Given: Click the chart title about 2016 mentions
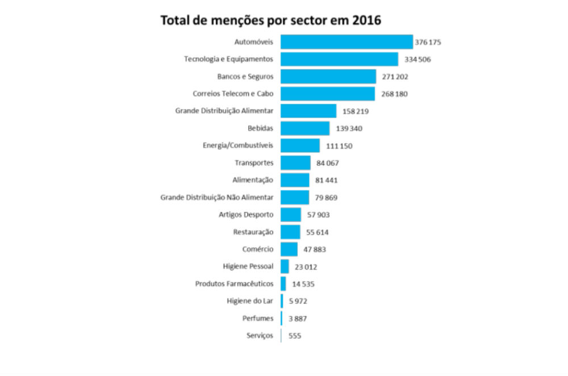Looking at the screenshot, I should [x=270, y=20].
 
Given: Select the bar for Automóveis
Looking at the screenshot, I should [x=346, y=42].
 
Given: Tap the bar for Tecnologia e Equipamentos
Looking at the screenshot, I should [x=339, y=59].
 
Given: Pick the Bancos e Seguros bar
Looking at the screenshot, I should [x=328, y=77].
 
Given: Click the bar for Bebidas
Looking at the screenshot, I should [x=305, y=128].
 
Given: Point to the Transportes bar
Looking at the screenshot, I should [x=295, y=163].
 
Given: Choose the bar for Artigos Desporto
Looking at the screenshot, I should [x=291, y=215].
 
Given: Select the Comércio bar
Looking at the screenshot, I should [x=289, y=249].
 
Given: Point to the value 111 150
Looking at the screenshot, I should [x=339, y=146].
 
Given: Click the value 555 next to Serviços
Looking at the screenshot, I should [x=294, y=336].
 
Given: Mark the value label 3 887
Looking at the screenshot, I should [x=298, y=319].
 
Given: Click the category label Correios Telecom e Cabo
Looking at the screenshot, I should [x=233, y=94].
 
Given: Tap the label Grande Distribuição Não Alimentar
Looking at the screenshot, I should [x=217, y=198].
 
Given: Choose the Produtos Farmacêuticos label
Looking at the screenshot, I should [x=234, y=283].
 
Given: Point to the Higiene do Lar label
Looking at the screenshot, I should [x=250, y=301].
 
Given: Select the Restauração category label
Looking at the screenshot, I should [x=253, y=232].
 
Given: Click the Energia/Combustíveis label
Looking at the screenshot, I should [x=238, y=146].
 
